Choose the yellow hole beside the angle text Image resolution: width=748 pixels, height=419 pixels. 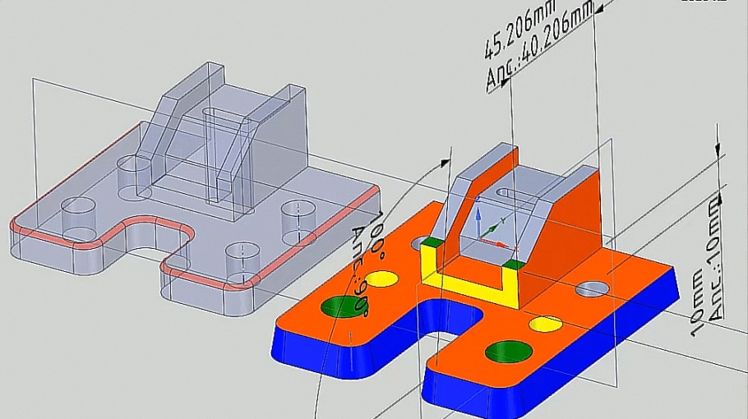[x=380, y=279]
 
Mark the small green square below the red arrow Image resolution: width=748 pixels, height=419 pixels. [x=513, y=264]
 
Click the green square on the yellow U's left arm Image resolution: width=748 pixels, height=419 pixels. [x=429, y=242]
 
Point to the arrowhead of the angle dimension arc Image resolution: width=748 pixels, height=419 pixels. [x=448, y=153]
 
